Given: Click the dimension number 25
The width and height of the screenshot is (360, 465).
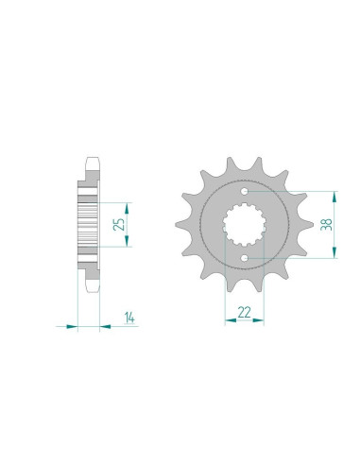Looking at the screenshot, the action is (119, 225).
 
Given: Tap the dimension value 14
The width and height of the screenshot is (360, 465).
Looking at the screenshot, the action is (129, 318).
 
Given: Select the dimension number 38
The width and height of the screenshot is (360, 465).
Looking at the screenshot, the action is (326, 224).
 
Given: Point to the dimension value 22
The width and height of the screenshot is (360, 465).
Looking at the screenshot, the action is (245, 312).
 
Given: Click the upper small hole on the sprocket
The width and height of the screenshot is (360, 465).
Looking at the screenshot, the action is (245, 191).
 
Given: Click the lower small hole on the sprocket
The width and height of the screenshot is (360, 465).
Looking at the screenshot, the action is (245, 258).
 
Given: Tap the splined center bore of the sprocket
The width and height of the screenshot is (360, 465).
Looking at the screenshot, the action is (245, 225).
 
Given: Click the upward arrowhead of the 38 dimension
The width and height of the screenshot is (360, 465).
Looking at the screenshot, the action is (334, 197).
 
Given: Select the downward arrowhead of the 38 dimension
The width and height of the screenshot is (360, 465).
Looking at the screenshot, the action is (334, 252).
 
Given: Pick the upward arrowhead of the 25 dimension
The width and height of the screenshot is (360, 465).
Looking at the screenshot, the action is (127, 209).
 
